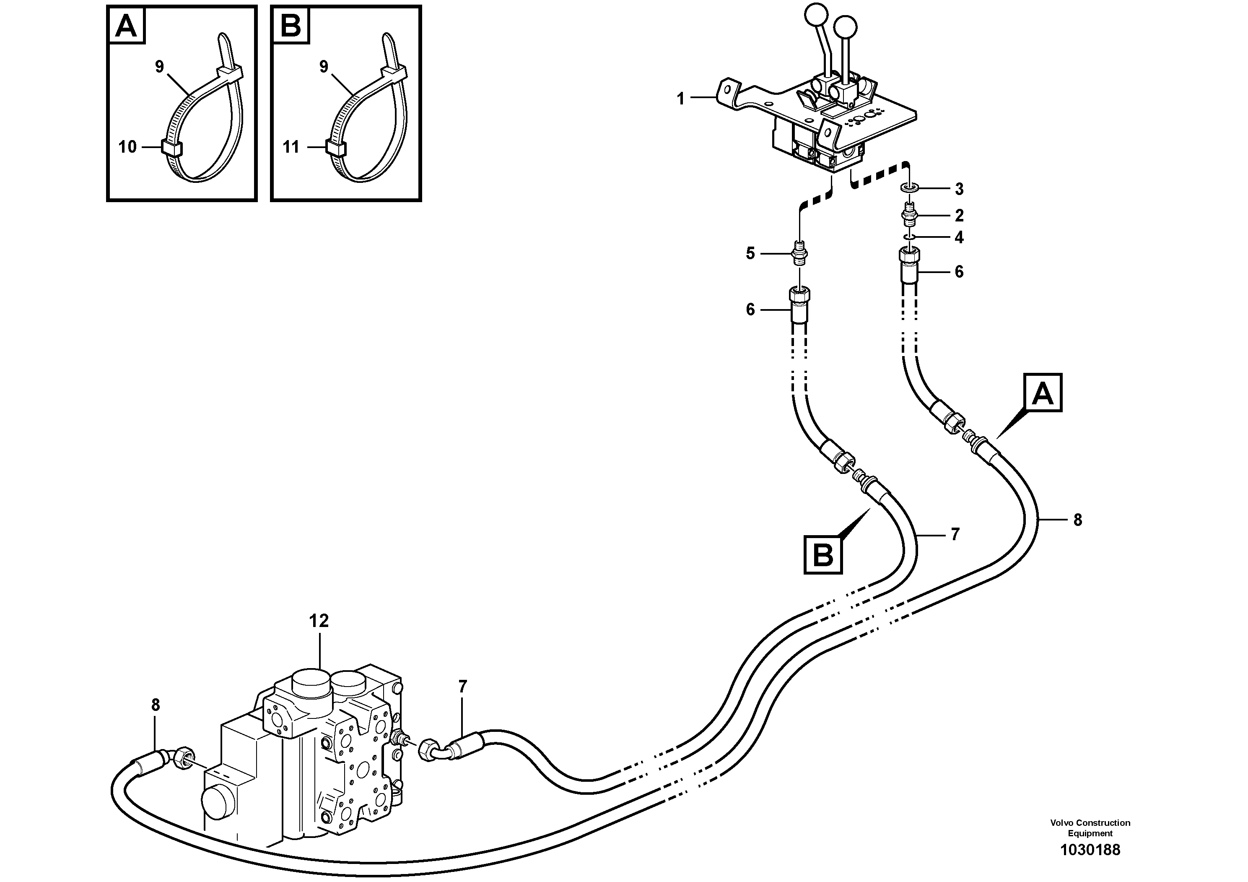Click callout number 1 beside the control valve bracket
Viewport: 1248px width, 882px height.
pyautogui.click(x=680, y=99)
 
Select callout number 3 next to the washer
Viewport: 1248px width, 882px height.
pyautogui.click(x=960, y=189)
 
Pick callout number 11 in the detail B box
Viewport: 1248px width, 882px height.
pyautogui.click(x=291, y=147)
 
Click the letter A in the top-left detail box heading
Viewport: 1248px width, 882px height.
pyautogui.click(x=127, y=26)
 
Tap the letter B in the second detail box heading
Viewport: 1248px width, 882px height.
pyautogui.click(x=291, y=26)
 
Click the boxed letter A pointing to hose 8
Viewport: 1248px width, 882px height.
pyautogui.click(x=1043, y=393)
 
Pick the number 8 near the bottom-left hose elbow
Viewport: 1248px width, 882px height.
pyautogui.click(x=156, y=705)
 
